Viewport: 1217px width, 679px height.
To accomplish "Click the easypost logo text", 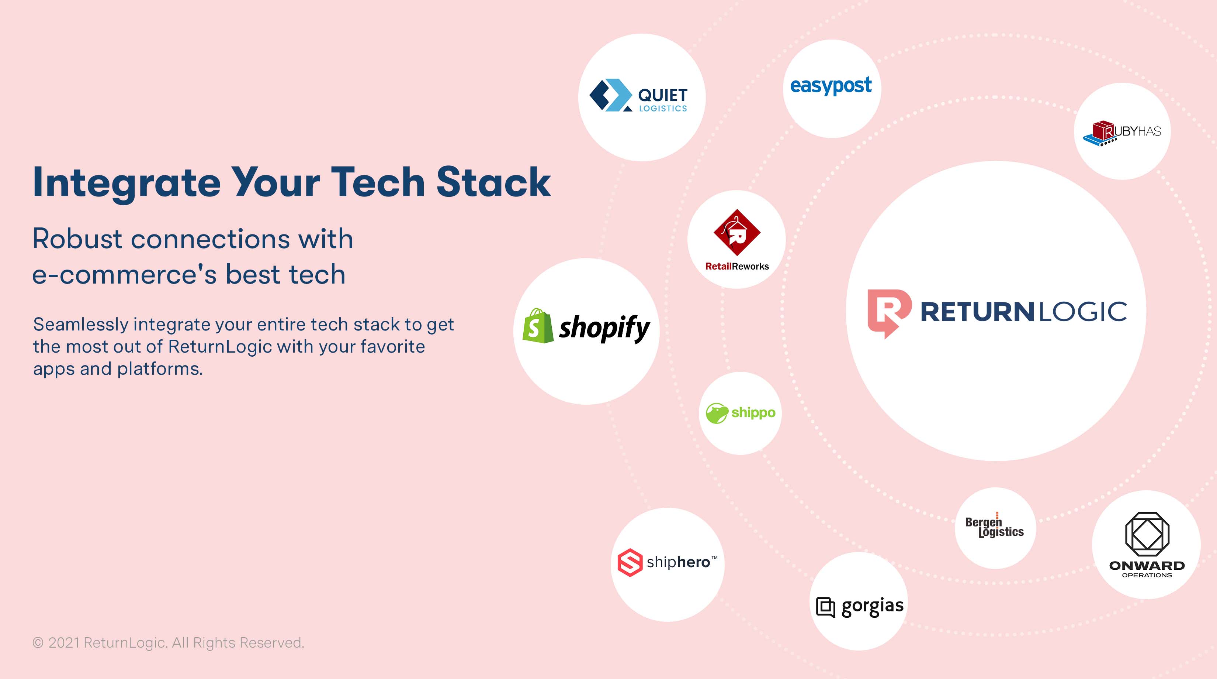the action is point(831,86).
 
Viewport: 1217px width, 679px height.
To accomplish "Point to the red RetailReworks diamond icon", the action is point(737,232).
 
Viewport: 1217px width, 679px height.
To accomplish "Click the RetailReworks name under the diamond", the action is point(737,266).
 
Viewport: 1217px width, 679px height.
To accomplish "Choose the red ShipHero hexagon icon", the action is point(630,562).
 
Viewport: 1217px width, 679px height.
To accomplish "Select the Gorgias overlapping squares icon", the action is point(826,607).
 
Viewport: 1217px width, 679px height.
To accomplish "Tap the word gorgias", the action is point(873,607).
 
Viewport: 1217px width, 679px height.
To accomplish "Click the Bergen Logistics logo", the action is point(995,525).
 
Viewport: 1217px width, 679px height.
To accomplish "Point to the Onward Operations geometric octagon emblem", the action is point(1147,534).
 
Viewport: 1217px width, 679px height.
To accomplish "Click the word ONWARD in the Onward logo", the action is point(1147,566).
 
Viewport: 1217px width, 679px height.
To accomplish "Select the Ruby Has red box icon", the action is point(1103,131).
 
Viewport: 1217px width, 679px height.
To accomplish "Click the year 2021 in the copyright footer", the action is point(64,642).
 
